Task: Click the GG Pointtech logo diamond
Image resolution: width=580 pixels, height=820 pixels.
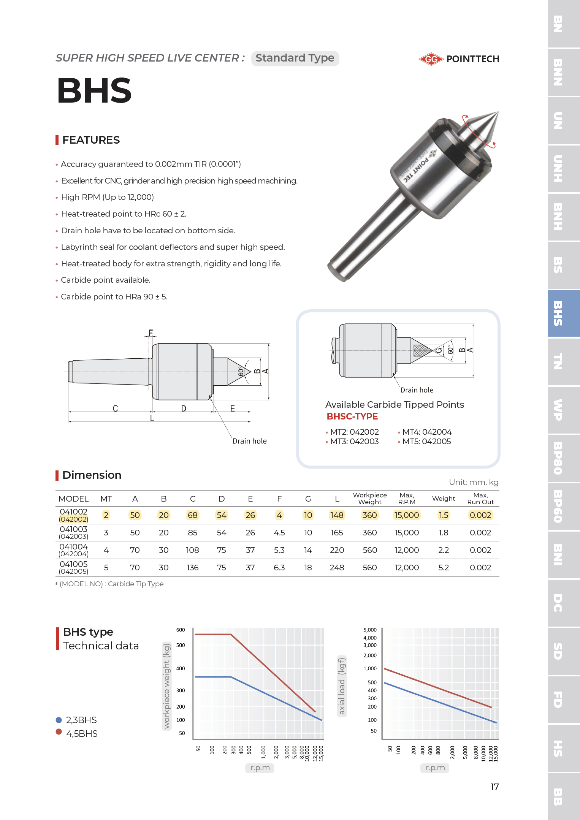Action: point(431,59)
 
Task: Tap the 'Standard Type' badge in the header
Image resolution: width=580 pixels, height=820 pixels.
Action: point(295,58)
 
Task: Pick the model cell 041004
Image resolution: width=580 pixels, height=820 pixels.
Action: point(73,547)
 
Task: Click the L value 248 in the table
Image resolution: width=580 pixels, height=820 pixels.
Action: point(337,567)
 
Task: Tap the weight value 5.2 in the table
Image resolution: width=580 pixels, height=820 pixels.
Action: point(443,567)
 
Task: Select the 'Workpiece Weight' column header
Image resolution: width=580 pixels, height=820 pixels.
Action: point(369,499)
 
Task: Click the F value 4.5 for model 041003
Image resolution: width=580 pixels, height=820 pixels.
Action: point(279,533)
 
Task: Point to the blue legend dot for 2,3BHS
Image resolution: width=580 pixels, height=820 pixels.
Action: point(59,720)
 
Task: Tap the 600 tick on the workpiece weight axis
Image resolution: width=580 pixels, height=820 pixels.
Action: point(181,630)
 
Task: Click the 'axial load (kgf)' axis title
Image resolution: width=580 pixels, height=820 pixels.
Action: point(342,686)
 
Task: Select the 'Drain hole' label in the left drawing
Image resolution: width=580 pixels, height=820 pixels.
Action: point(249,441)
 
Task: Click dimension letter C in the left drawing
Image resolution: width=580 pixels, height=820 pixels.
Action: point(115,408)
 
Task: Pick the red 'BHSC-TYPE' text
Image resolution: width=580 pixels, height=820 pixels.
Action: point(352,416)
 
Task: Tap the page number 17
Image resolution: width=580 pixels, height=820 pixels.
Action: point(494,787)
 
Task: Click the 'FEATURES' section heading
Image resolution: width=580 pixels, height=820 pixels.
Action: point(91,140)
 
